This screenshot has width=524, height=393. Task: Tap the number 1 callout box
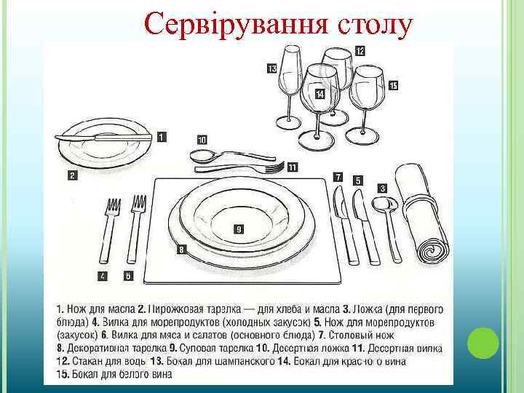(161, 135)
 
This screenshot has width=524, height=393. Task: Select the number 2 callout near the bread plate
(72, 175)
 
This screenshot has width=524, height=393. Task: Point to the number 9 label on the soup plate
(239, 229)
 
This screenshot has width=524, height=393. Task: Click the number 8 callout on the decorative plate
(181, 249)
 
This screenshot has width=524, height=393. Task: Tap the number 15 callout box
(393, 86)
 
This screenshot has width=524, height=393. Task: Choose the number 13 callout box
(271, 68)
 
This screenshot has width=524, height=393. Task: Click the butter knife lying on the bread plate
(102, 137)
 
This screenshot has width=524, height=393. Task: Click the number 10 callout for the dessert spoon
(202, 139)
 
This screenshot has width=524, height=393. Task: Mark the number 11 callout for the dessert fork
(292, 167)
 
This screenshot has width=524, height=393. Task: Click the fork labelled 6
(136, 229)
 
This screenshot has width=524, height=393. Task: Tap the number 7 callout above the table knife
(338, 176)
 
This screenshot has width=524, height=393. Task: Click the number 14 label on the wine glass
(320, 95)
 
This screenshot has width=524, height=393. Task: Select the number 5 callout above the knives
(357, 180)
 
